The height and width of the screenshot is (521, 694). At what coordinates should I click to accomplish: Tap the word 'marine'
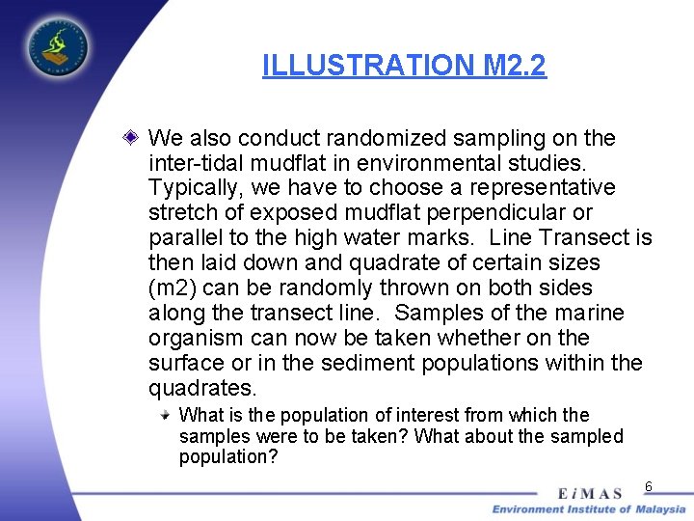[x=589, y=314]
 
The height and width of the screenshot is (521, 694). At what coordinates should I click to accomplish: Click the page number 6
[x=649, y=486]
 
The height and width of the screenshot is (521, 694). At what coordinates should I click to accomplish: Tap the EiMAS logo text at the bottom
[x=590, y=494]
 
